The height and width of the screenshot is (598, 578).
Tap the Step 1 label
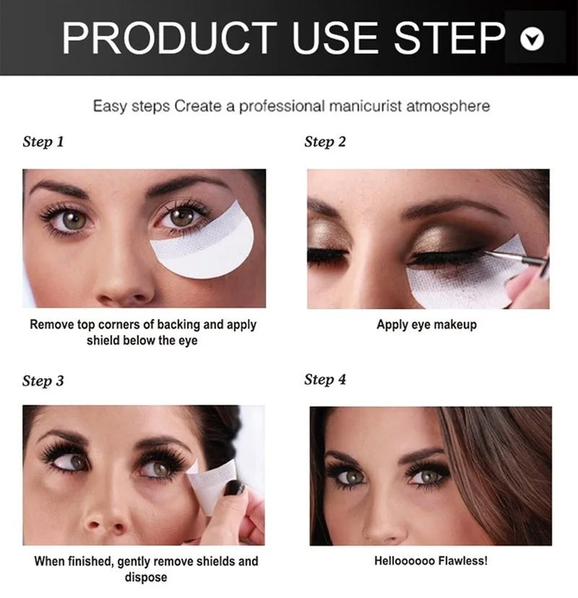click(x=43, y=142)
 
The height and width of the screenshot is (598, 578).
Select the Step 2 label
click(x=325, y=142)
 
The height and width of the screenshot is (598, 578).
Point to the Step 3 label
click(x=43, y=381)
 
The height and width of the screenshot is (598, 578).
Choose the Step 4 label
click(x=325, y=379)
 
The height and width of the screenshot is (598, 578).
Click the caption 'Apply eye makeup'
click(x=426, y=324)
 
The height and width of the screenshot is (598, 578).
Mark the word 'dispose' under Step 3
click(x=146, y=577)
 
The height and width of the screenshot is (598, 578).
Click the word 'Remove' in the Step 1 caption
click(x=52, y=324)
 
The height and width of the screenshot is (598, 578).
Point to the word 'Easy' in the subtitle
click(x=109, y=106)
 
